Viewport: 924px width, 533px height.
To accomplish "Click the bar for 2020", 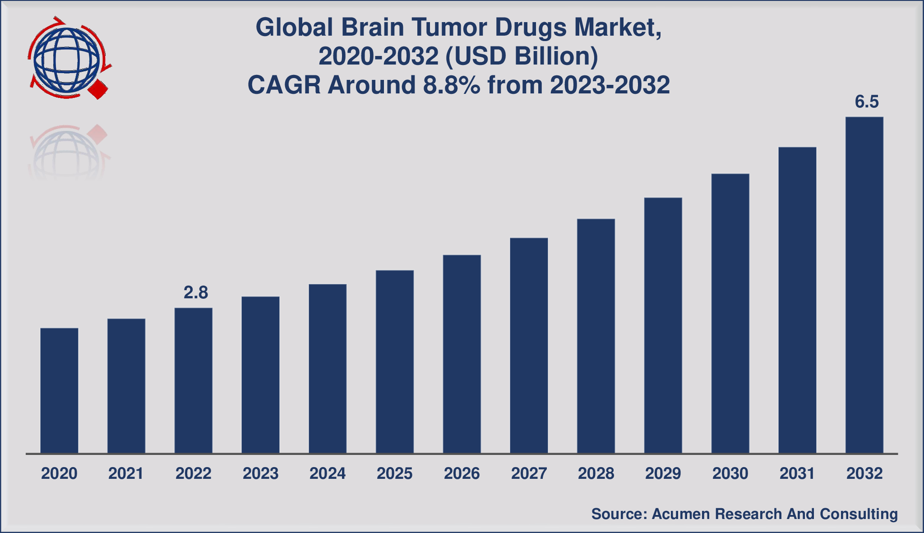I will (x=59, y=390).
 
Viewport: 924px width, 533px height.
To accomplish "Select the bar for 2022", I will (x=193, y=380).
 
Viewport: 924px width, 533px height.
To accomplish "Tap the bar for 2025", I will (x=395, y=362).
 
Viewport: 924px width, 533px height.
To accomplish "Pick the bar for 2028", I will (x=596, y=336).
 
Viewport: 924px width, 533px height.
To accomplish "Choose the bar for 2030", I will (x=730, y=313).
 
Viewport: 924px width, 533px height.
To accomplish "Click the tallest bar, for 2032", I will (x=864, y=285).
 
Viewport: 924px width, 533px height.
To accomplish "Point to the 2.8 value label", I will (x=196, y=293).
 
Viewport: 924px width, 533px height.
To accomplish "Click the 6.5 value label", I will (x=867, y=102).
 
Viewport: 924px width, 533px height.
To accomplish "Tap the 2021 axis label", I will (x=126, y=473).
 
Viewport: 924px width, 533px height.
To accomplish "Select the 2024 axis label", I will (x=328, y=473).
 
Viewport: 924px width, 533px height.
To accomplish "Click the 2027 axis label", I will (x=529, y=473).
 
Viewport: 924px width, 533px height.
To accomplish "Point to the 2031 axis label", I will (x=797, y=473).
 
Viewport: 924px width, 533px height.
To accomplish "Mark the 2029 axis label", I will (x=663, y=473).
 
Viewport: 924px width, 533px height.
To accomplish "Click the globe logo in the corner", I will (x=67, y=58).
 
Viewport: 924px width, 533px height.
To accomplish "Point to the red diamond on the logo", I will (x=98, y=89).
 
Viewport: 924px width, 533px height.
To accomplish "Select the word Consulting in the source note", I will (x=859, y=514).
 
